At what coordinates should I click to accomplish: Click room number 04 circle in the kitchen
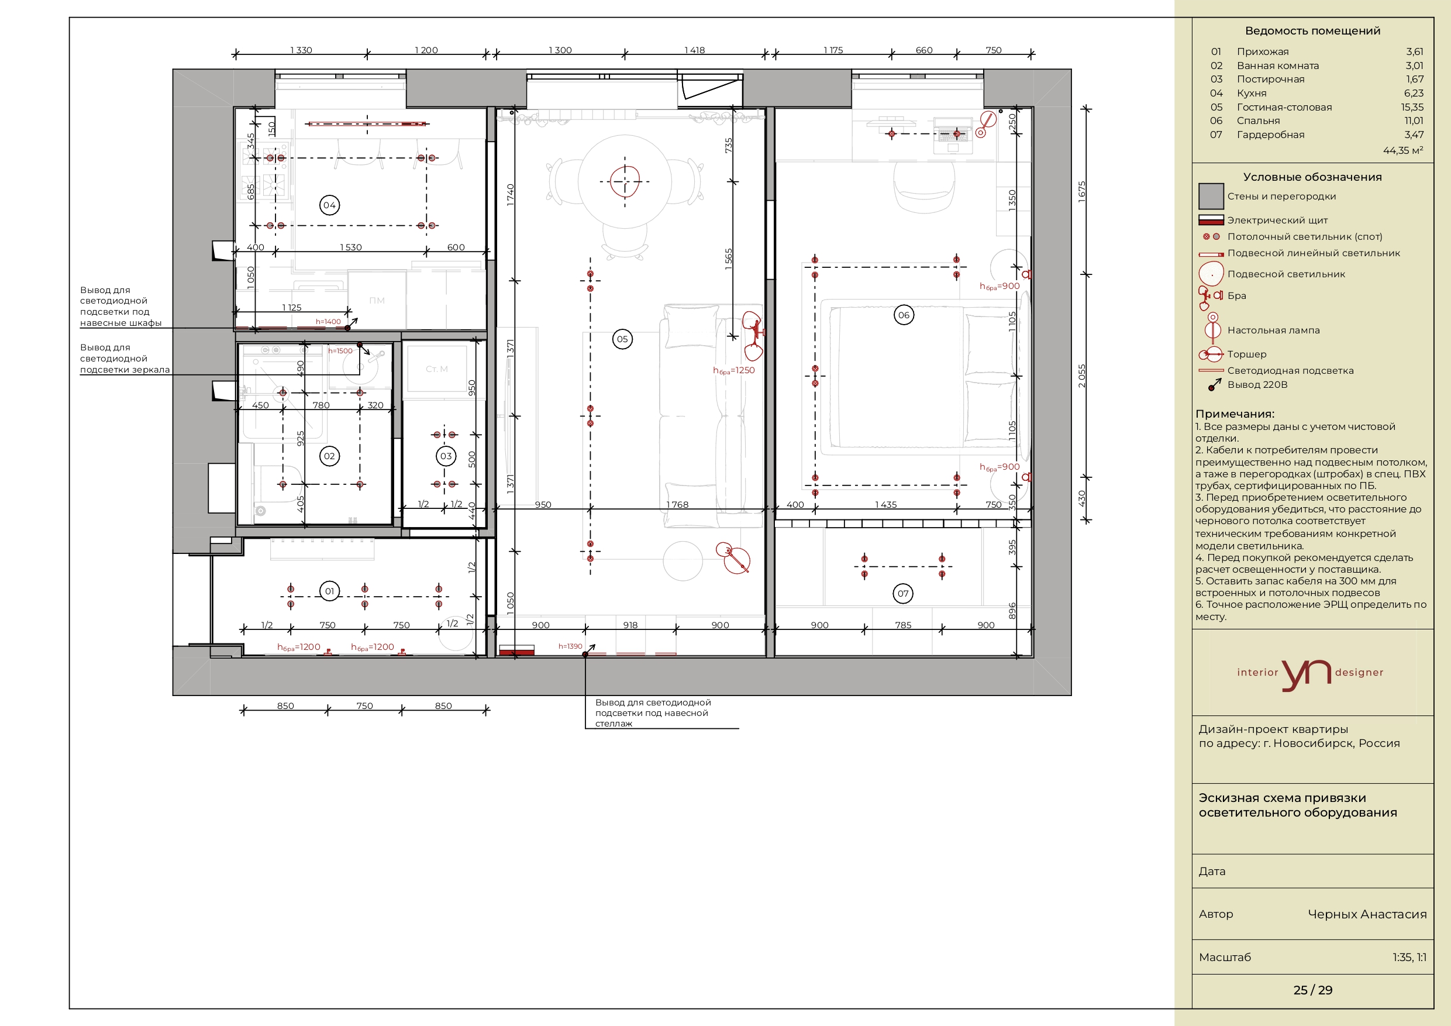coord(329,205)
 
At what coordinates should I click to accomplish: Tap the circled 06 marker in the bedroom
coord(904,315)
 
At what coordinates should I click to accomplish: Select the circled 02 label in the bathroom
coord(329,456)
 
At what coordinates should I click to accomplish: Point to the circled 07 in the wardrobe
coord(903,593)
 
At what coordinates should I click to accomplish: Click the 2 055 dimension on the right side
coord(1081,376)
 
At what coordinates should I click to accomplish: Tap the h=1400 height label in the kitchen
coord(328,321)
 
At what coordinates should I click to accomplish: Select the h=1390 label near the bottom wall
coord(570,646)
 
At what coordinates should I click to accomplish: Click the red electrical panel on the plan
coord(516,651)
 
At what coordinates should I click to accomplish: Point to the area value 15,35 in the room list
coord(1412,107)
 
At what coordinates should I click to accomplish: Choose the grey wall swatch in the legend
coord(1211,196)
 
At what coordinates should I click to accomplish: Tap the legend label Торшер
coord(1247,354)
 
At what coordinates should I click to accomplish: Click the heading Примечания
coord(1235,414)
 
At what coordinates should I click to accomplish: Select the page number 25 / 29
coord(1312,990)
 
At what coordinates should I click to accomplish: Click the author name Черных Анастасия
coord(1367,914)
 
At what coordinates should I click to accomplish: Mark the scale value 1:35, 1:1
coord(1409,957)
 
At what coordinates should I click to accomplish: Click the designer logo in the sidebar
coord(1310,674)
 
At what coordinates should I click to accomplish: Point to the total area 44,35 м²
coord(1403,150)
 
